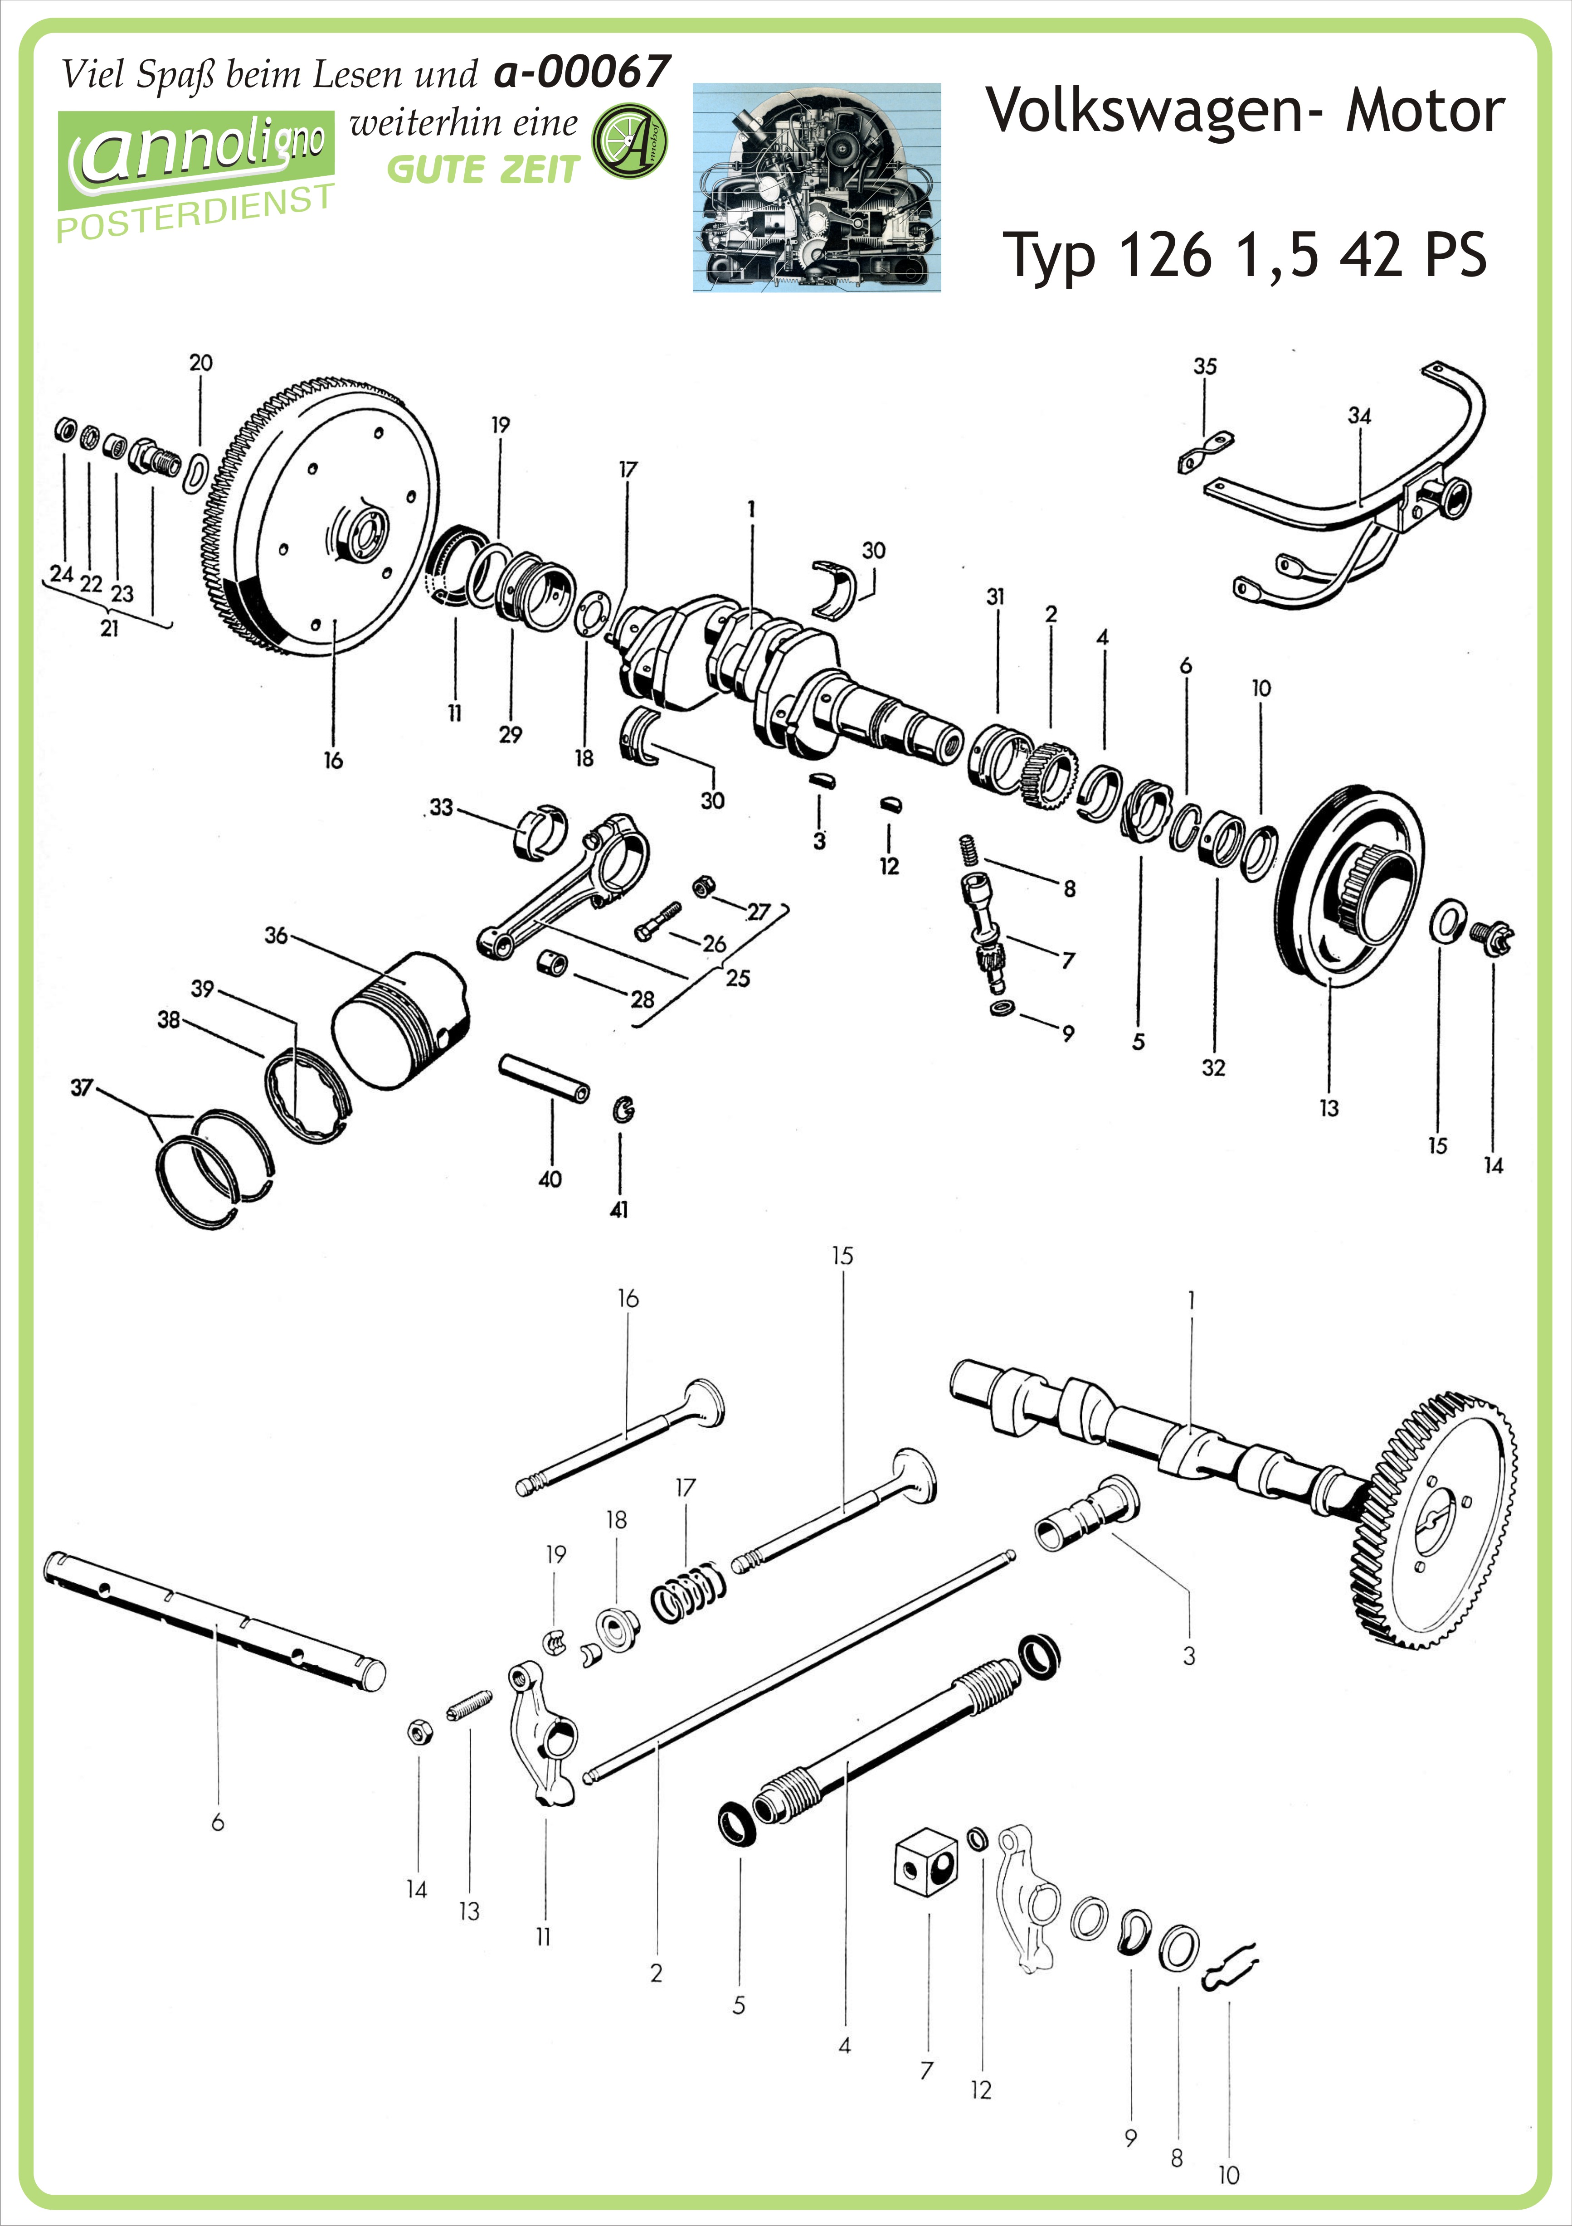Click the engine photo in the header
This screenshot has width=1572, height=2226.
tap(817, 187)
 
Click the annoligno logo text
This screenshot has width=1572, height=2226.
tap(199, 150)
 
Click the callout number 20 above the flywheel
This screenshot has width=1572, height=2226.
tap(201, 363)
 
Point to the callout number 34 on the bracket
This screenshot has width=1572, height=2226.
tap(1360, 416)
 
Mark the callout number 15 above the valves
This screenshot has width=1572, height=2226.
tap(842, 1256)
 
